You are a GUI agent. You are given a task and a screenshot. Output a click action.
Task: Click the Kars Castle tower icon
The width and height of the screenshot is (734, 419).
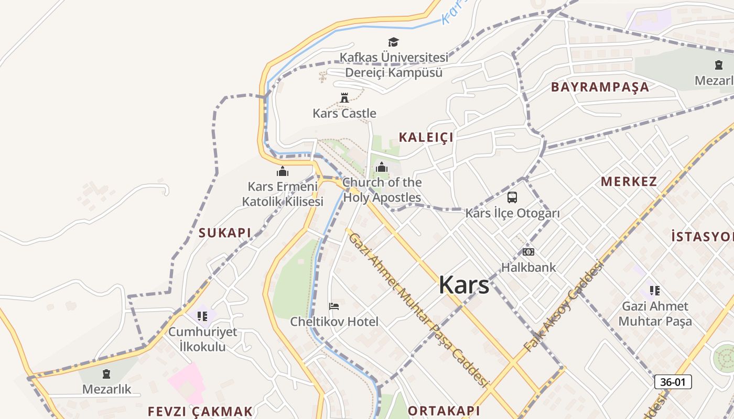click(x=344, y=98)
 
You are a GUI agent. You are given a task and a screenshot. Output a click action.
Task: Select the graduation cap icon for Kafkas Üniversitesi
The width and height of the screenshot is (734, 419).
click(x=393, y=42)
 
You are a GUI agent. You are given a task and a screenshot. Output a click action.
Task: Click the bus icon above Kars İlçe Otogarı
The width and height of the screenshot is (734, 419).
click(x=512, y=197)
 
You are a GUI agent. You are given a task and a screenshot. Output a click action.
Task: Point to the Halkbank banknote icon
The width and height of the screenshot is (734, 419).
click(x=528, y=252)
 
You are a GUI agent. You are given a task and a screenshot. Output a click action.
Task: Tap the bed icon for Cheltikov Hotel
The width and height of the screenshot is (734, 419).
click(x=334, y=306)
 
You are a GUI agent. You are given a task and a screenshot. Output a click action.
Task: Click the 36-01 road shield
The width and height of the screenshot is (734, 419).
click(x=673, y=382)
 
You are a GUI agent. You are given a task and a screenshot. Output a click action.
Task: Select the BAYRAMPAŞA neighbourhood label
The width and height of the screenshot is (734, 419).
click(x=600, y=87)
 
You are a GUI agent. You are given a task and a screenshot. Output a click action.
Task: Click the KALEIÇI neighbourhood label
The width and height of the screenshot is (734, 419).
click(x=426, y=137)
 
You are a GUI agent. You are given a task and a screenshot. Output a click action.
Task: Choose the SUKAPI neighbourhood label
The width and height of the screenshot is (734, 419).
click(x=225, y=233)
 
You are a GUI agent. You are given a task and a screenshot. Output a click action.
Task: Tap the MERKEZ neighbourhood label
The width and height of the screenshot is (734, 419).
click(x=629, y=182)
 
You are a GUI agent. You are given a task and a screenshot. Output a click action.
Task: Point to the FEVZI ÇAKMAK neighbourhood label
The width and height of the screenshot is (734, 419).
click(x=200, y=411)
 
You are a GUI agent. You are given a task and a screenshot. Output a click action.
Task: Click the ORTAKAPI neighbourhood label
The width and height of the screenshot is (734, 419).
click(x=444, y=411)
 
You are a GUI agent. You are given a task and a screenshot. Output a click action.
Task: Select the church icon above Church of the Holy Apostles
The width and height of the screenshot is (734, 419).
click(x=382, y=168)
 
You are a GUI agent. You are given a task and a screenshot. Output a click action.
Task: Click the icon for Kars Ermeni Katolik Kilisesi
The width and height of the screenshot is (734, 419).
click(x=283, y=171)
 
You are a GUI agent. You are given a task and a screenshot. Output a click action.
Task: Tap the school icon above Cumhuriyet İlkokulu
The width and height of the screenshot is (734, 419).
click(x=202, y=316)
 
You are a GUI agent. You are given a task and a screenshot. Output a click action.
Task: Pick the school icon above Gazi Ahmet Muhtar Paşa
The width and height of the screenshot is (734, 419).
click(x=655, y=290)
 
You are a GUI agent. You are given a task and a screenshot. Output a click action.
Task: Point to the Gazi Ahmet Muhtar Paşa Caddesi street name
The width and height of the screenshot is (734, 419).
click(x=418, y=310)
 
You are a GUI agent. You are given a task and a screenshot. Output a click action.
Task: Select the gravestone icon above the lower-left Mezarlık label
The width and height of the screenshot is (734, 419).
click(x=106, y=374)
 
